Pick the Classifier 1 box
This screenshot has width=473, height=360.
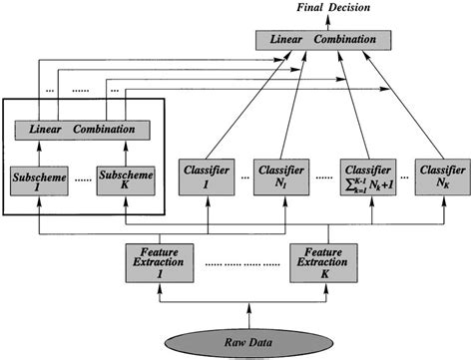click(205, 176)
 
